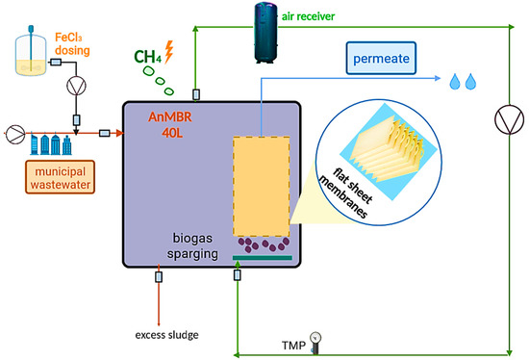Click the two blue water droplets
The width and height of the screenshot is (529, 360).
click(463, 83)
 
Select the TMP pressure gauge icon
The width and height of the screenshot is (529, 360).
click(316, 340)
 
